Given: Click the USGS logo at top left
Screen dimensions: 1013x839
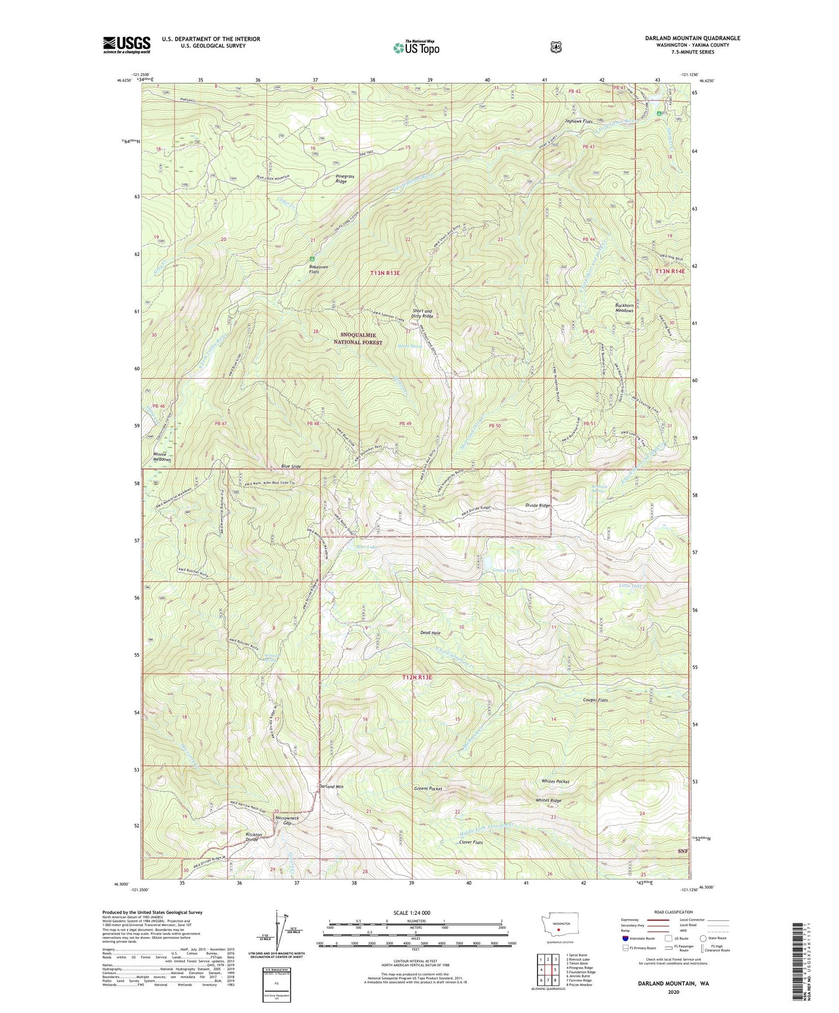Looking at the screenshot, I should (x=127, y=45).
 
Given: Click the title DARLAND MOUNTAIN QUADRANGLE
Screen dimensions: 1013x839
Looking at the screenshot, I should (x=692, y=38).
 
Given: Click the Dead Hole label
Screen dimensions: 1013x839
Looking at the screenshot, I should (x=430, y=632).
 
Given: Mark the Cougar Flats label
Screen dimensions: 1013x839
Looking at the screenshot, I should (x=595, y=700).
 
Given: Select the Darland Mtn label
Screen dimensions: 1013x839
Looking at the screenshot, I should (x=331, y=787).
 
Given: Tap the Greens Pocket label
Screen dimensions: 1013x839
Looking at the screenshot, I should (x=428, y=788).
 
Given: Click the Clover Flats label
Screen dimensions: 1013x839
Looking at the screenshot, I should (x=471, y=842).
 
